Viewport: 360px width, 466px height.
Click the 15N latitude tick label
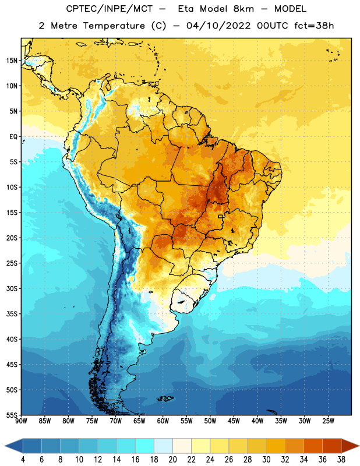tap(12, 61)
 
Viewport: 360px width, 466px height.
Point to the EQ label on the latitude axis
tap(13, 137)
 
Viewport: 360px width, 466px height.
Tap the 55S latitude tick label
tap(12, 415)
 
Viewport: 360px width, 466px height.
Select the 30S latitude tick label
tap(12, 288)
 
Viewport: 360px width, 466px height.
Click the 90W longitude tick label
tap(21, 421)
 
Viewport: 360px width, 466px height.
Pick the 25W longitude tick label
tap(328, 421)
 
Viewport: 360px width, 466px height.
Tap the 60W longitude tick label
tap(163, 421)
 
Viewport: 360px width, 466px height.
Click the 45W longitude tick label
tap(234, 421)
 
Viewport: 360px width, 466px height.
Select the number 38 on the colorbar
tap(341, 460)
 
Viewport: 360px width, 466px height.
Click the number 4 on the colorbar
tap(23, 460)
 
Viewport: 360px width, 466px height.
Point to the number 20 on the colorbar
tap(172, 460)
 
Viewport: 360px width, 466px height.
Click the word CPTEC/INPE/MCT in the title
tap(110, 9)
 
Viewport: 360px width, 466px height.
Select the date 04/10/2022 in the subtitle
tap(218, 26)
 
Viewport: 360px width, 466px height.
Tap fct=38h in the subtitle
tap(314, 26)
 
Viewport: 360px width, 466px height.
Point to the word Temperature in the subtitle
tap(114, 26)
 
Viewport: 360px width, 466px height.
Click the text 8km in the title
tap(243, 9)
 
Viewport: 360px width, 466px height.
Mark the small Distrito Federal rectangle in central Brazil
tap(221, 216)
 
